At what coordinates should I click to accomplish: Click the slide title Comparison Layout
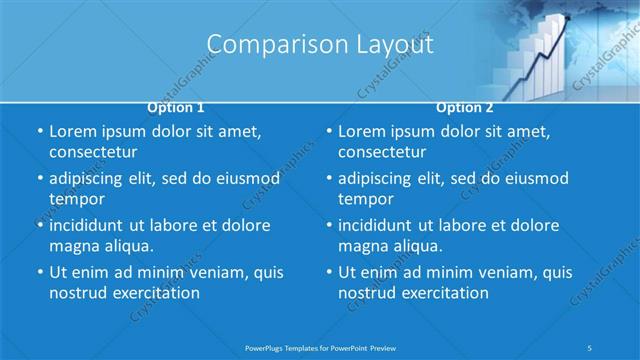(319, 45)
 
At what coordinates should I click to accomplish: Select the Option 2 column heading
(464, 107)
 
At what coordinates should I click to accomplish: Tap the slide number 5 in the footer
(591, 347)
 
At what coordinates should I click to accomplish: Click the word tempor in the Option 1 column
(77, 199)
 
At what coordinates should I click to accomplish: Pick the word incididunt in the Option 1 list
(91, 225)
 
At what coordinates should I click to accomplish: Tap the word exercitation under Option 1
(155, 293)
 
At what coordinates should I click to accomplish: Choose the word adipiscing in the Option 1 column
(91, 179)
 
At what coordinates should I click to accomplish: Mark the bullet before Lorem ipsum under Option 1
(39, 132)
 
